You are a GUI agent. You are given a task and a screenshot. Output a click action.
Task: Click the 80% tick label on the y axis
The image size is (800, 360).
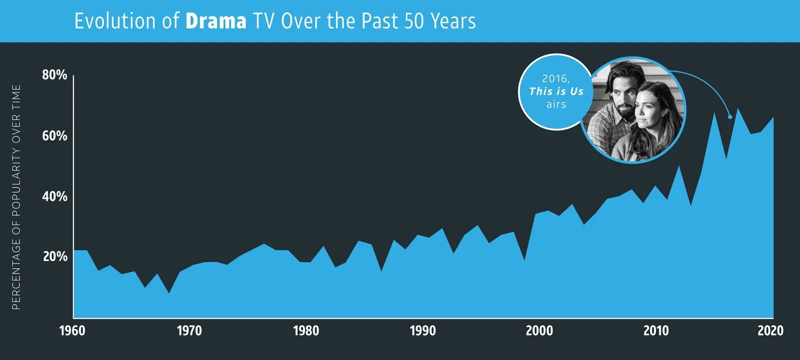pos(54,75)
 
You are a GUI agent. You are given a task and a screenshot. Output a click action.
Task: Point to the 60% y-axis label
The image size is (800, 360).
pos(54,135)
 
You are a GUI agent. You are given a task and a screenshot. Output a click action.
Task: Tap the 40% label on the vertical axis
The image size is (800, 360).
pos(54,196)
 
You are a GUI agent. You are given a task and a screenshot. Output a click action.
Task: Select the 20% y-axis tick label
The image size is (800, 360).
pos(54,256)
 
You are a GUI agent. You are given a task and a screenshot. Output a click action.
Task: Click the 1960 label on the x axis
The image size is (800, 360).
pos(72,330)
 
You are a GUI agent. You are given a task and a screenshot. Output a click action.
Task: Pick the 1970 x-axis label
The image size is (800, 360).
pos(189,330)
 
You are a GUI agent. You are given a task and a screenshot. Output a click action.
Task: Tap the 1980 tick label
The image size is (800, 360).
pos(306,330)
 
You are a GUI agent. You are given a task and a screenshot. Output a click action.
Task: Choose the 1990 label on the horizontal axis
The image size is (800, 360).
pos(423,330)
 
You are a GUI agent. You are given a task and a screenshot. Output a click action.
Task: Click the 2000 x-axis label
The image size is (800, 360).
pos(539,330)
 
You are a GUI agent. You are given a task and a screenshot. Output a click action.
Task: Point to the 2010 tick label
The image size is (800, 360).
pos(656,330)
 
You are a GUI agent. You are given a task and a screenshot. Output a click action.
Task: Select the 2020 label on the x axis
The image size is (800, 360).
pos(770,330)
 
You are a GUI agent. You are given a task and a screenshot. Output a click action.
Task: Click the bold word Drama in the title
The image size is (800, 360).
pos(215,21)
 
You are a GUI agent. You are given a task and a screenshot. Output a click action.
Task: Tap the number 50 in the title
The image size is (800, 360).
pos(414,21)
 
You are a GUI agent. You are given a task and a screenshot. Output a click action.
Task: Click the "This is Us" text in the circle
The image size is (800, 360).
pos(556,91)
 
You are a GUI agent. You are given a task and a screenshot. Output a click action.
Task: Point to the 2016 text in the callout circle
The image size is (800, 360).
pos(555,78)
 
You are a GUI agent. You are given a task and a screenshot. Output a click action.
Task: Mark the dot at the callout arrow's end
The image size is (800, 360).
pos(730,117)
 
